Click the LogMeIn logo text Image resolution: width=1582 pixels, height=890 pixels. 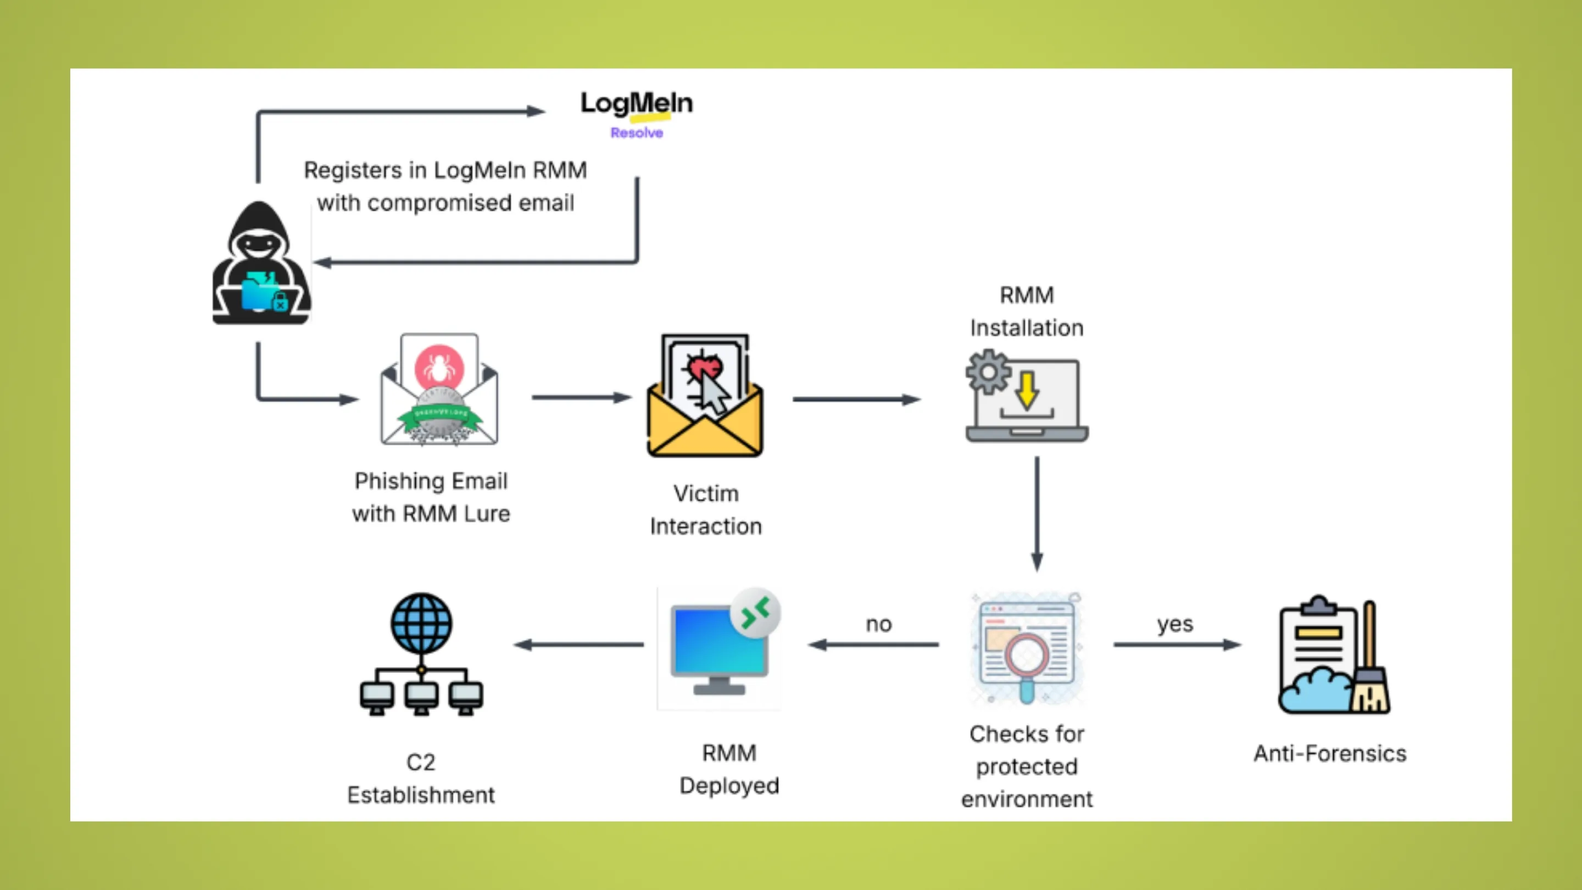click(636, 103)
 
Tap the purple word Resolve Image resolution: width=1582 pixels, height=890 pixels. click(636, 132)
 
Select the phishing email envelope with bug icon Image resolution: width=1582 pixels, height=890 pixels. click(438, 390)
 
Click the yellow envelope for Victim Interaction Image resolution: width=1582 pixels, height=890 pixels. click(705, 397)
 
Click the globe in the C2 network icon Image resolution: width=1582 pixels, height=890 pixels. click(421, 623)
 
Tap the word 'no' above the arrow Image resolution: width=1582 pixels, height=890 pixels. click(878, 624)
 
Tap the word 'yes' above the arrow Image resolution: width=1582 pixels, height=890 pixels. click(1174, 624)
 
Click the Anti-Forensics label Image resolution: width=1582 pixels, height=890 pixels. click(1329, 753)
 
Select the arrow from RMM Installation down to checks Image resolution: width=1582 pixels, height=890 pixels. click(1037, 513)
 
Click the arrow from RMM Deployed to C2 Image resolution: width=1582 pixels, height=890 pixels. click(578, 644)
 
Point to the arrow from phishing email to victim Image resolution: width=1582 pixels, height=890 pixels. click(581, 398)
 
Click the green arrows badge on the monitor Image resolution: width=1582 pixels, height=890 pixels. click(755, 613)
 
